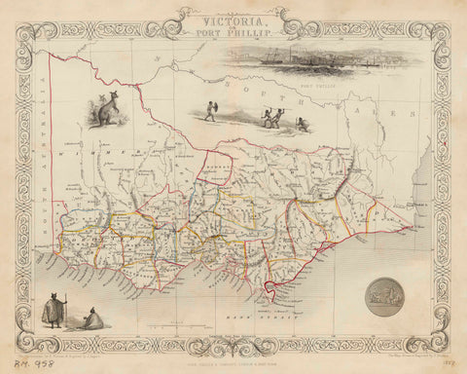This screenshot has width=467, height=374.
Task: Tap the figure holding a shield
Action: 211,111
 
